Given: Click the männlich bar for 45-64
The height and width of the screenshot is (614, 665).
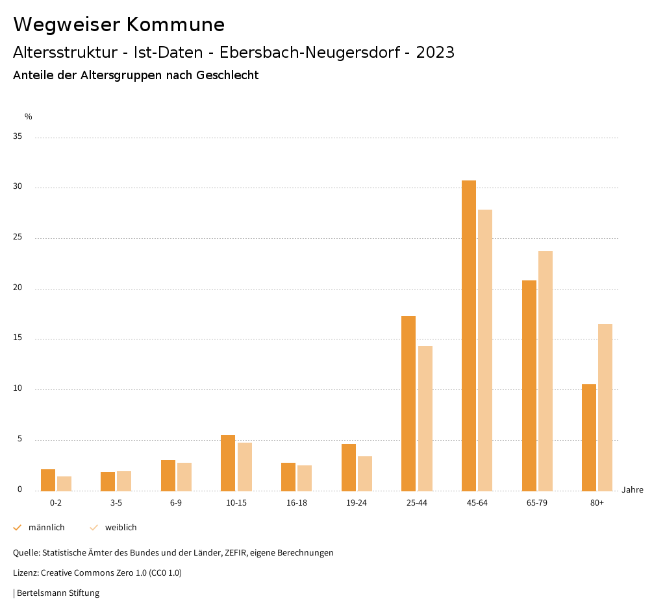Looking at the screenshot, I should click(469, 336).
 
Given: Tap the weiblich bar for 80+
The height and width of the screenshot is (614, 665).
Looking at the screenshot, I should click(605, 408).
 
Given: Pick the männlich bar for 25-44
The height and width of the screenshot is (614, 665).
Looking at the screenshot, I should click(408, 404).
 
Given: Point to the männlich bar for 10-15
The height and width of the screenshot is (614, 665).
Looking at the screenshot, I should click(228, 463).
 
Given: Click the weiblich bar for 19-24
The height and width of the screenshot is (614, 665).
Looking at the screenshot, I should click(365, 474).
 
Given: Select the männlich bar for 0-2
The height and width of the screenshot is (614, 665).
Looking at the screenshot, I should click(48, 480).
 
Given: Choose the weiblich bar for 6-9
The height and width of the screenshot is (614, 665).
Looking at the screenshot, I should click(184, 477).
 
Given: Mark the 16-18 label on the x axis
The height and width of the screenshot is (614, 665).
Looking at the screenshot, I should click(297, 503).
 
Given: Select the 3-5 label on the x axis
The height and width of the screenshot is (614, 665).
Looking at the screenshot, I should click(116, 503).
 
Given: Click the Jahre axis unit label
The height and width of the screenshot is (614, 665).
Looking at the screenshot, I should click(633, 490).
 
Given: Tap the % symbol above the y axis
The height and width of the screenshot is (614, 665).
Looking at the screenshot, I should click(29, 117).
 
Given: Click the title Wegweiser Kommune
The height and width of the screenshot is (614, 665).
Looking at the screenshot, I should click(119, 25).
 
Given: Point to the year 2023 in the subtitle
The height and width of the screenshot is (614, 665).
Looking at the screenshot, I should click(435, 53).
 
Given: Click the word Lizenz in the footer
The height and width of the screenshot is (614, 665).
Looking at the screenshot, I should click(25, 573).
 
